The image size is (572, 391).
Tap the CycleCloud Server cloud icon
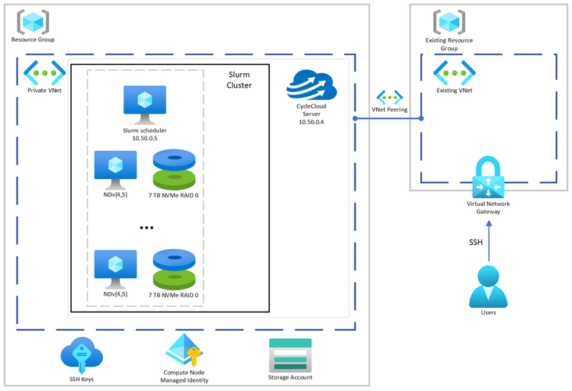coord(310,85)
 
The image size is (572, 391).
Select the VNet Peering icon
coord(389,98)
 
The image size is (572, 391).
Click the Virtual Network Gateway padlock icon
coord(487,178)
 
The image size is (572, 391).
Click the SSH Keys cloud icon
coord(82,353)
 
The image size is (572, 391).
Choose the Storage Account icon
coord(290,354)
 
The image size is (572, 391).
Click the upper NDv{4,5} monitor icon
coord(115,169)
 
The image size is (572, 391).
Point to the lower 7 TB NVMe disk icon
coord(175,268)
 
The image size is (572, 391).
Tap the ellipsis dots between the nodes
coord(147,227)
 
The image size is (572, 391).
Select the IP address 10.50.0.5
coord(145,138)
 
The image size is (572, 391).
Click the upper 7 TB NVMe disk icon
coord(175,168)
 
